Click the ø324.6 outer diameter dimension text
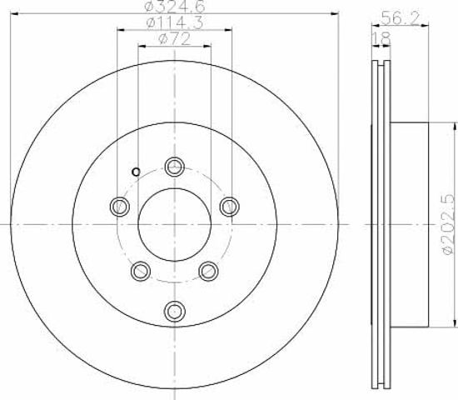pos(175,7)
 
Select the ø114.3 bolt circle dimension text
pos(175,22)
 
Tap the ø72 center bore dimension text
pos(175,39)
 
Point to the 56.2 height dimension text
pos(401,18)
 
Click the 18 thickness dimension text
pos(381,38)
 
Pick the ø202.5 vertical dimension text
pos(449,224)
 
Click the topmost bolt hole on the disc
pos(175,167)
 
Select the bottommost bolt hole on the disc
pos(175,312)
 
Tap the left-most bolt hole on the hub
pos(120,207)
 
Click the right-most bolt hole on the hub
pos(230,207)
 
